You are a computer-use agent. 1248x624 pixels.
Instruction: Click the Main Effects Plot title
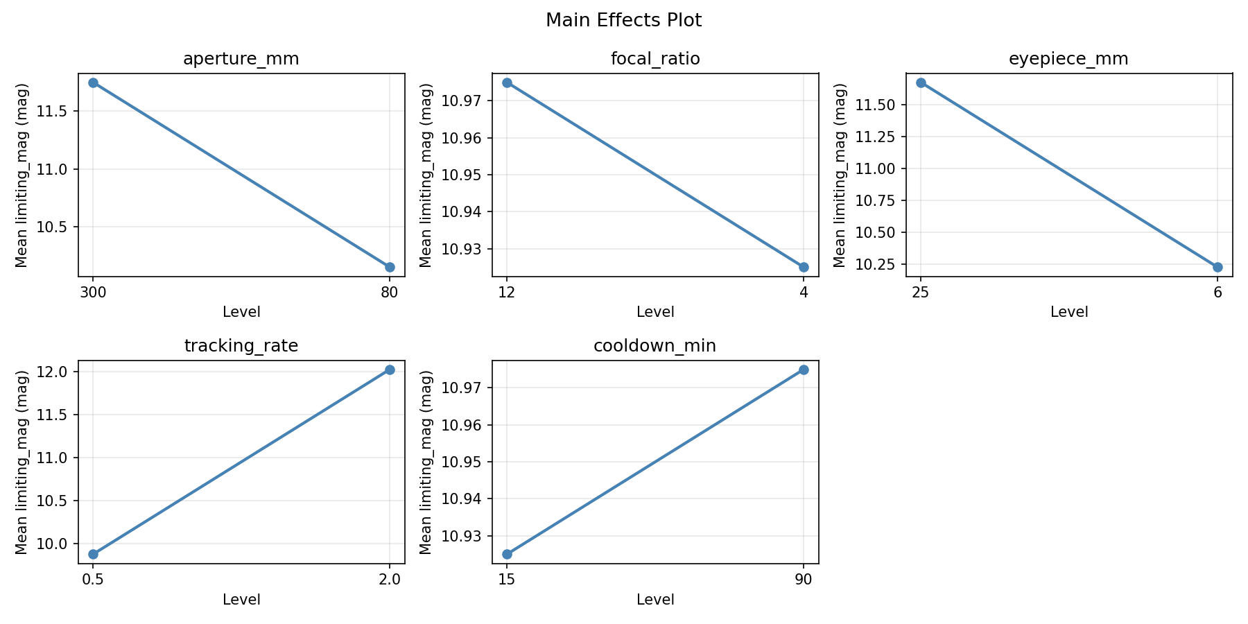click(x=623, y=20)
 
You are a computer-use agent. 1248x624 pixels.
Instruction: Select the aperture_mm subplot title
click(x=241, y=59)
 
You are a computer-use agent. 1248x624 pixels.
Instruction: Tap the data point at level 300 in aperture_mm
click(x=93, y=83)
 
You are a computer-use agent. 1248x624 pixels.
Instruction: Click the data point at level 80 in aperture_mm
click(x=390, y=267)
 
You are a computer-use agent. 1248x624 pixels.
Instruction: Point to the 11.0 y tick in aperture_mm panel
click(x=58, y=169)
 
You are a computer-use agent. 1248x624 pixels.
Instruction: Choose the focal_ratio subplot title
click(x=655, y=59)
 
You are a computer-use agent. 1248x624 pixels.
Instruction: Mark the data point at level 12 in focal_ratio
click(x=507, y=83)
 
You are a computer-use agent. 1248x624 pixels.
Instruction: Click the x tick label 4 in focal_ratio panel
click(x=804, y=292)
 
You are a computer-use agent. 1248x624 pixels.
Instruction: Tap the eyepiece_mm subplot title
click(x=1068, y=59)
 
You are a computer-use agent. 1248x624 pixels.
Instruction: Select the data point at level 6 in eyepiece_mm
click(x=1217, y=267)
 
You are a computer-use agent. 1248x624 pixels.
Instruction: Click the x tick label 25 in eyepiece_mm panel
click(x=921, y=292)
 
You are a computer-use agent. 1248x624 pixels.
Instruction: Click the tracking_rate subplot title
click(x=241, y=346)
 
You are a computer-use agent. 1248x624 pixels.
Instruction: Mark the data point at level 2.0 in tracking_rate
click(x=390, y=370)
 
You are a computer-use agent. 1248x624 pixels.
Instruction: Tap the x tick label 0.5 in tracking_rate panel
click(x=93, y=579)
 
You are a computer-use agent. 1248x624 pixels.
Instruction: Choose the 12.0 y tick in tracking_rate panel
click(x=58, y=372)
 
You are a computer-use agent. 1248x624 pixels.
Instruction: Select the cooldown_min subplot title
click(x=655, y=346)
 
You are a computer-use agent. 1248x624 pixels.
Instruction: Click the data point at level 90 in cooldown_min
click(x=804, y=370)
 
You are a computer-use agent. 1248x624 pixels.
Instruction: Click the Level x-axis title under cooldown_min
click(x=655, y=599)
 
